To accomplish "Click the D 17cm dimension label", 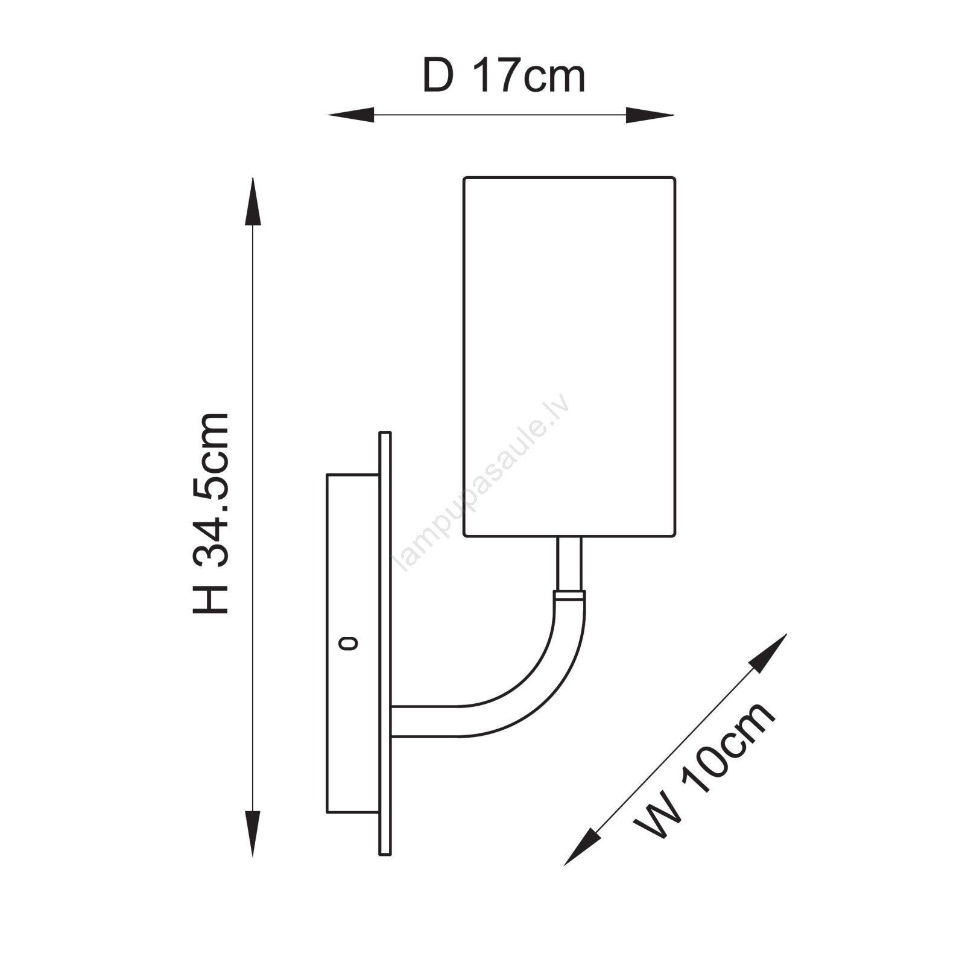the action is (x=504, y=76).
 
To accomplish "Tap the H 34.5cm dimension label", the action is (x=211, y=514).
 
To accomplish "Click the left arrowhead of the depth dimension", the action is (x=351, y=115).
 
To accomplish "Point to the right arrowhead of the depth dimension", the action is (x=650, y=115).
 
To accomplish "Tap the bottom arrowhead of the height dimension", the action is (x=253, y=834).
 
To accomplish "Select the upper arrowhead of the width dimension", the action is (x=769, y=652).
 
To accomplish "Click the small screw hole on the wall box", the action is (x=349, y=644).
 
